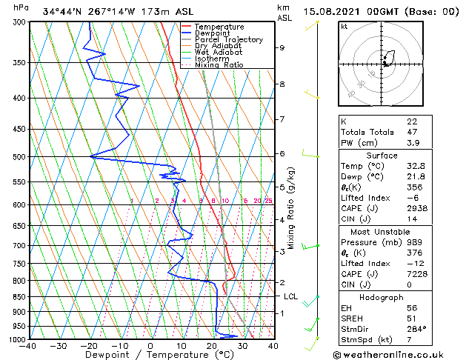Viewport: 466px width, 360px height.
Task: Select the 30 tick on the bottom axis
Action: (x=242, y=345)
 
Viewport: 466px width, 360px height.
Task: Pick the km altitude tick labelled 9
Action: (x=282, y=47)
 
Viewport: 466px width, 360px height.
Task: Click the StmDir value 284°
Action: (x=416, y=330)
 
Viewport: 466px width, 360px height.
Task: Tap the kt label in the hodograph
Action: (x=344, y=26)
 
